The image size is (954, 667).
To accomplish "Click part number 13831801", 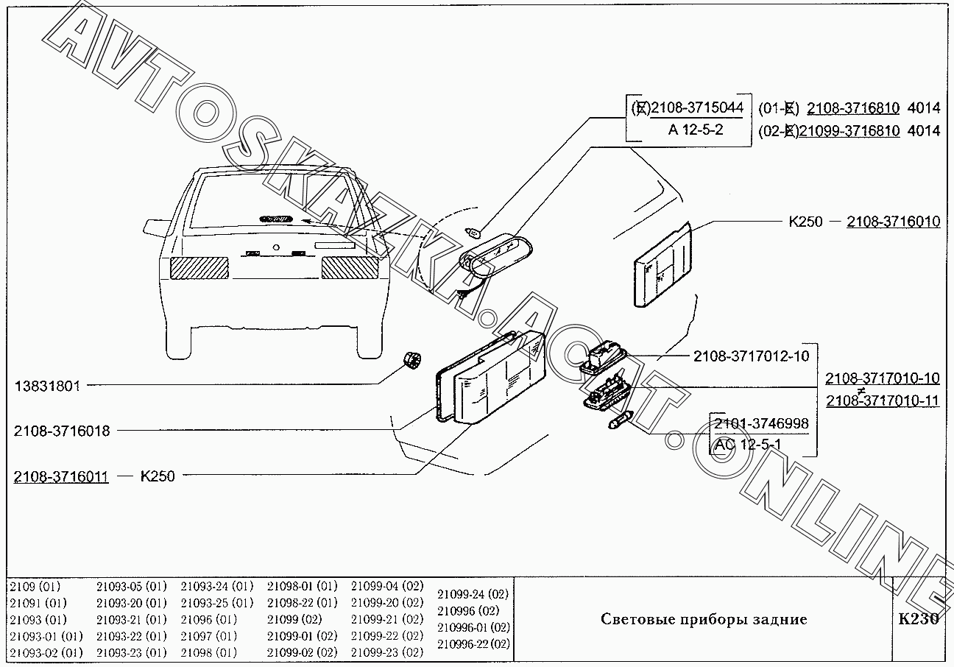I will pos(47,385).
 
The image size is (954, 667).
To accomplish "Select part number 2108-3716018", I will pos(61,431).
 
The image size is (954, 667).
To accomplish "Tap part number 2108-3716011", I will pos(61,476).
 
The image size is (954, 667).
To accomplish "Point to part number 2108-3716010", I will pos(893,221).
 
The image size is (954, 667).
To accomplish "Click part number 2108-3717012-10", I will pos(751,356).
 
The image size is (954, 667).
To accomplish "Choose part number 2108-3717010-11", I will pos(882,400).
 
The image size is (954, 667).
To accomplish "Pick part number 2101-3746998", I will pos(760,423).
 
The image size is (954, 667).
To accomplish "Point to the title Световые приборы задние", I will pos(704,619).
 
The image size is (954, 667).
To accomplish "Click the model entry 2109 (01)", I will pos(35,587).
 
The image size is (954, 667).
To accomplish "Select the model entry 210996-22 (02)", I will pos(473,643).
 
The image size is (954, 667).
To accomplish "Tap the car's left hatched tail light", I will pos(199,267).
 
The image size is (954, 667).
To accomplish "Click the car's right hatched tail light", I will pos(350,267).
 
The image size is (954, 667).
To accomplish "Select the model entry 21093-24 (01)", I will pos(216,587).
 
